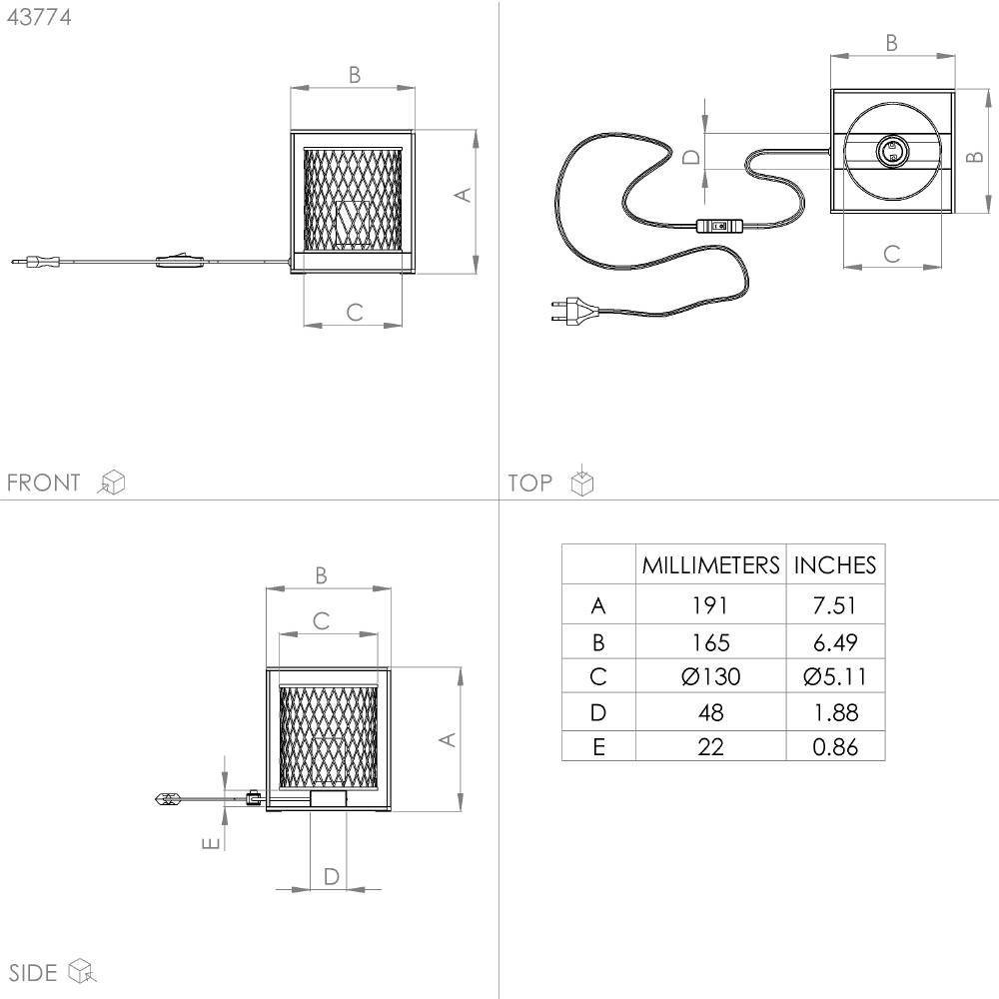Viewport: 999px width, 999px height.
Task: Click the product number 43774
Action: (x=39, y=17)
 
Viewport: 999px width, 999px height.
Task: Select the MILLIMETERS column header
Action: (x=710, y=565)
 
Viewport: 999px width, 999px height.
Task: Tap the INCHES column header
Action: (x=834, y=565)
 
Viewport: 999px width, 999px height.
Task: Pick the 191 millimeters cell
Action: (x=709, y=605)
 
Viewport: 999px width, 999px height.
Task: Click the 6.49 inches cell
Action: (x=834, y=642)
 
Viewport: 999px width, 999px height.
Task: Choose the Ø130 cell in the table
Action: (x=710, y=676)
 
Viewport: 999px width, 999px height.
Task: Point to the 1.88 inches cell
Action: (x=836, y=712)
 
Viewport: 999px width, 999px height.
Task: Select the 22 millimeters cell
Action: (x=710, y=746)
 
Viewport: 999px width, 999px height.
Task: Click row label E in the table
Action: (x=598, y=746)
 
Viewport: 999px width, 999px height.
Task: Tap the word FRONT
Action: (x=43, y=483)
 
